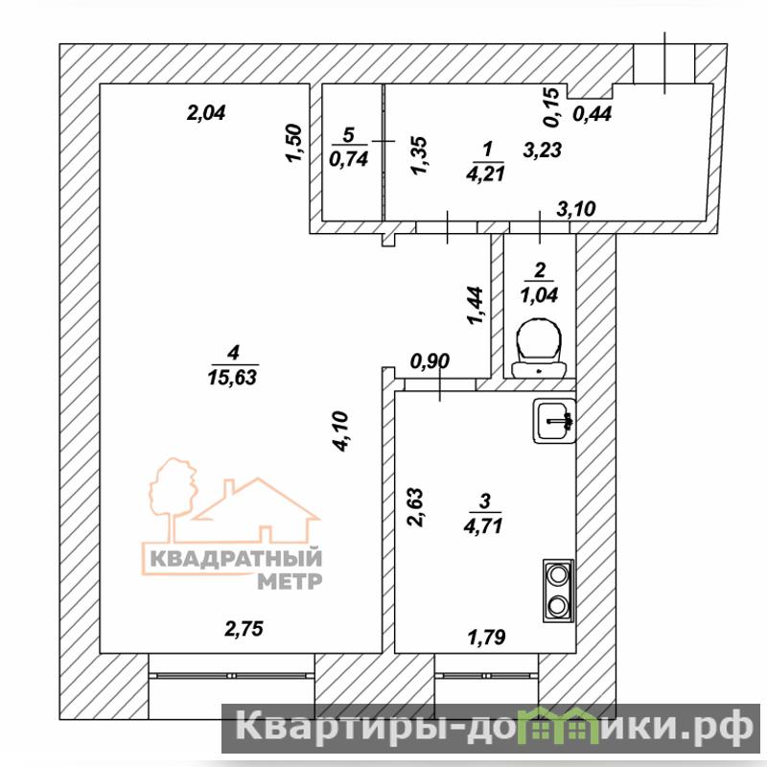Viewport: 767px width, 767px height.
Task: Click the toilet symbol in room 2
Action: tap(539, 348)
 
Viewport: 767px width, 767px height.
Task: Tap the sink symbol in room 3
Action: tap(554, 421)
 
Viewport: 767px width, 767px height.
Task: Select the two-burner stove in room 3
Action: tap(558, 591)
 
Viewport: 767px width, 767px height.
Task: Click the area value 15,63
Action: tap(232, 377)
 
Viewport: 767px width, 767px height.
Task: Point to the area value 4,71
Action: tap(483, 525)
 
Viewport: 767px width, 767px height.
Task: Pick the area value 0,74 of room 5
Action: tap(349, 159)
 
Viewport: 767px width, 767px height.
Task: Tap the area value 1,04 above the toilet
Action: tap(539, 295)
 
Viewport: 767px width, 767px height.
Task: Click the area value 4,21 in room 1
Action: tap(486, 174)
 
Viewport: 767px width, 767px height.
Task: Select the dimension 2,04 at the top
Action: tap(206, 113)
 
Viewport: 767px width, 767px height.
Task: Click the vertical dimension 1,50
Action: tap(294, 143)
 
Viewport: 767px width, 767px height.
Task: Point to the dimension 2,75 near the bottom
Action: tap(244, 629)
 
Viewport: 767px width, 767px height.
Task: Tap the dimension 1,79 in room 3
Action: tap(487, 637)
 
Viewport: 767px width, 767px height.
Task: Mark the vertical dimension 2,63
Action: tap(416, 507)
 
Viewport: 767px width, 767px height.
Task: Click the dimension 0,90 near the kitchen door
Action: tap(430, 361)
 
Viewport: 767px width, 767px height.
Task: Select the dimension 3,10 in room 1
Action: tap(577, 209)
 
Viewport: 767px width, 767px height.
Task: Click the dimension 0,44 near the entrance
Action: tap(593, 114)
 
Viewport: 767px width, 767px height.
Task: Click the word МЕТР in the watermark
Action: tap(290, 581)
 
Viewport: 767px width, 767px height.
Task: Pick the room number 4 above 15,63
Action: tap(233, 352)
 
